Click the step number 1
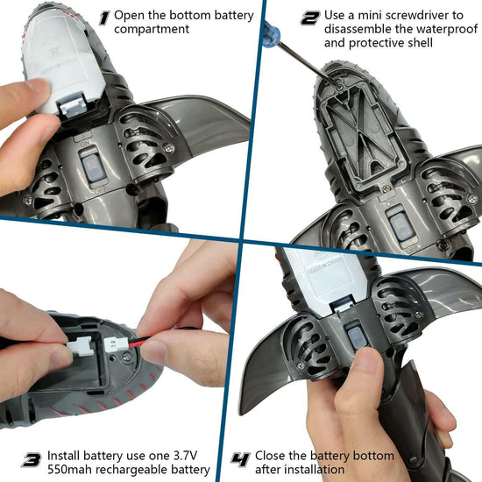click(105, 17)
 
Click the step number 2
click(310, 17)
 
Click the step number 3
click(32, 458)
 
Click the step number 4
click(238, 458)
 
